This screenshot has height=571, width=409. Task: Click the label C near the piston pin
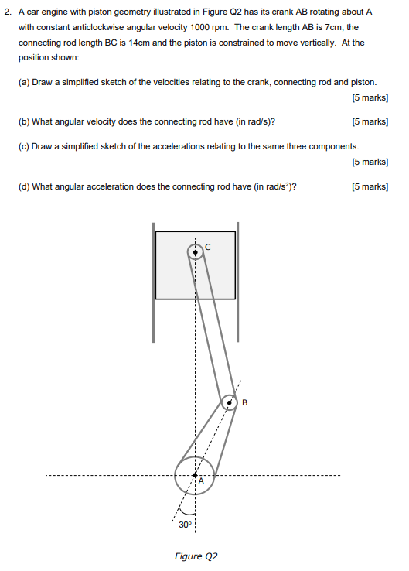[x=207, y=248]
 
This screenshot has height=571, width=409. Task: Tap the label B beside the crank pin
[x=244, y=402]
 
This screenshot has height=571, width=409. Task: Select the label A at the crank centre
[x=200, y=481]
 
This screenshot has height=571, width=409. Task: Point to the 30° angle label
[x=184, y=525]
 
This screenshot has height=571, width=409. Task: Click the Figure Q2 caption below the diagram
[x=196, y=556]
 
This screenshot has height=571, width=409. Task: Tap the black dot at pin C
[x=195, y=251]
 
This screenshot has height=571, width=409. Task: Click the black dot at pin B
[x=229, y=402]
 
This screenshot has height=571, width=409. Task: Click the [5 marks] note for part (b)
[x=369, y=121]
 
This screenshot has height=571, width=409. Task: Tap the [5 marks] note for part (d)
[x=369, y=186]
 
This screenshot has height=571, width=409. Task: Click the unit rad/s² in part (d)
[x=280, y=186]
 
